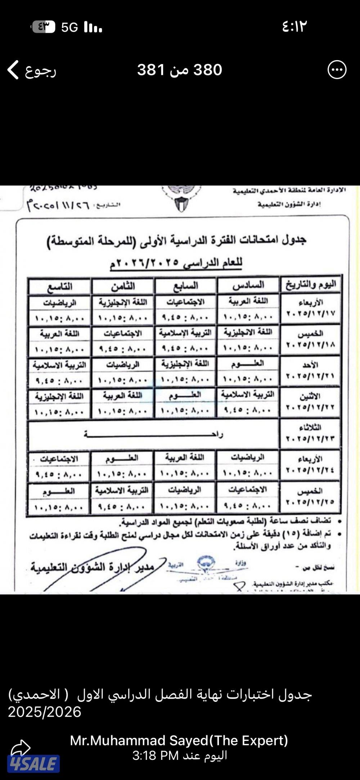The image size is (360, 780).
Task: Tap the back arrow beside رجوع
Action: coord(13,70)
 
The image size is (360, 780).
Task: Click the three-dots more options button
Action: coord(337,70)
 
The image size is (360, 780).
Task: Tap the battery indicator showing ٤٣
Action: coord(44,27)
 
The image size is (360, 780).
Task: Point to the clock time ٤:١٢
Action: coord(294,27)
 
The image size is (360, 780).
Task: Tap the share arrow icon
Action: coord(21,748)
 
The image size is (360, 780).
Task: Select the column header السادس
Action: coord(248,286)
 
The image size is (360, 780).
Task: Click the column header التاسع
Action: coord(59,287)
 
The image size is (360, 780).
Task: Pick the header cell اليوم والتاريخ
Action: coord(311,285)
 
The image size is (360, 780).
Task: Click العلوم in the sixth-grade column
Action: coord(248,364)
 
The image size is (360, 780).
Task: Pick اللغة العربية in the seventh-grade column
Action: coord(185,457)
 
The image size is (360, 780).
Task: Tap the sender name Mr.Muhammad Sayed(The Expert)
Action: coord(179,740)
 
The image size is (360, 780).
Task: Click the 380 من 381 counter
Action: coord(179,70)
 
